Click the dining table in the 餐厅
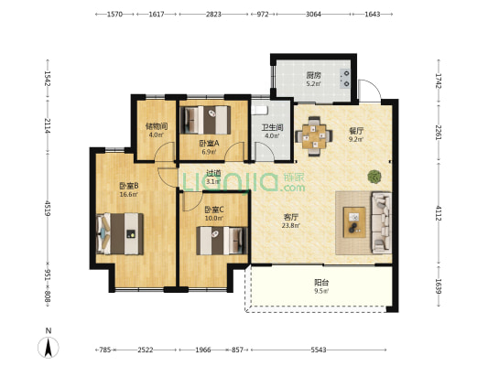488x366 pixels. (x=314, y=136)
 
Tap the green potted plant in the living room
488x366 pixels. (x=374, y=177)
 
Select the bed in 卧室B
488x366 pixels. (x=120, y=234)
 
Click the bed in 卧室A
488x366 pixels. (x=206, y=120)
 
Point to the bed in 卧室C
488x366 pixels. (x=222, y=241)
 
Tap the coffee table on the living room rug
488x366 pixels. (x=354, y=222)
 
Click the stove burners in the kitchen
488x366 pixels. (x=345, y=79)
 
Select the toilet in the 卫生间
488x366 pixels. (x=259, y=111)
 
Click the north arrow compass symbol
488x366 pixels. (x=49, y=347)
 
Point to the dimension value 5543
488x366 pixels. (x=319, y=350)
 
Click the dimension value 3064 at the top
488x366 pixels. (x=313, y=14)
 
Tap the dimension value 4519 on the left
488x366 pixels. (x=48, y=209)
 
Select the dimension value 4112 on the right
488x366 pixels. (x=439, y=213)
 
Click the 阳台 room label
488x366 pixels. (x=321, y=283)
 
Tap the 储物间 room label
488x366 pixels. (x=157, y=126)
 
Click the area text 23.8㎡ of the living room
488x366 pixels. (x=290, y=226)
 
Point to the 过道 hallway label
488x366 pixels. (x=213, y=173)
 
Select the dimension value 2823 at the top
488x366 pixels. (x=213, y=14)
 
